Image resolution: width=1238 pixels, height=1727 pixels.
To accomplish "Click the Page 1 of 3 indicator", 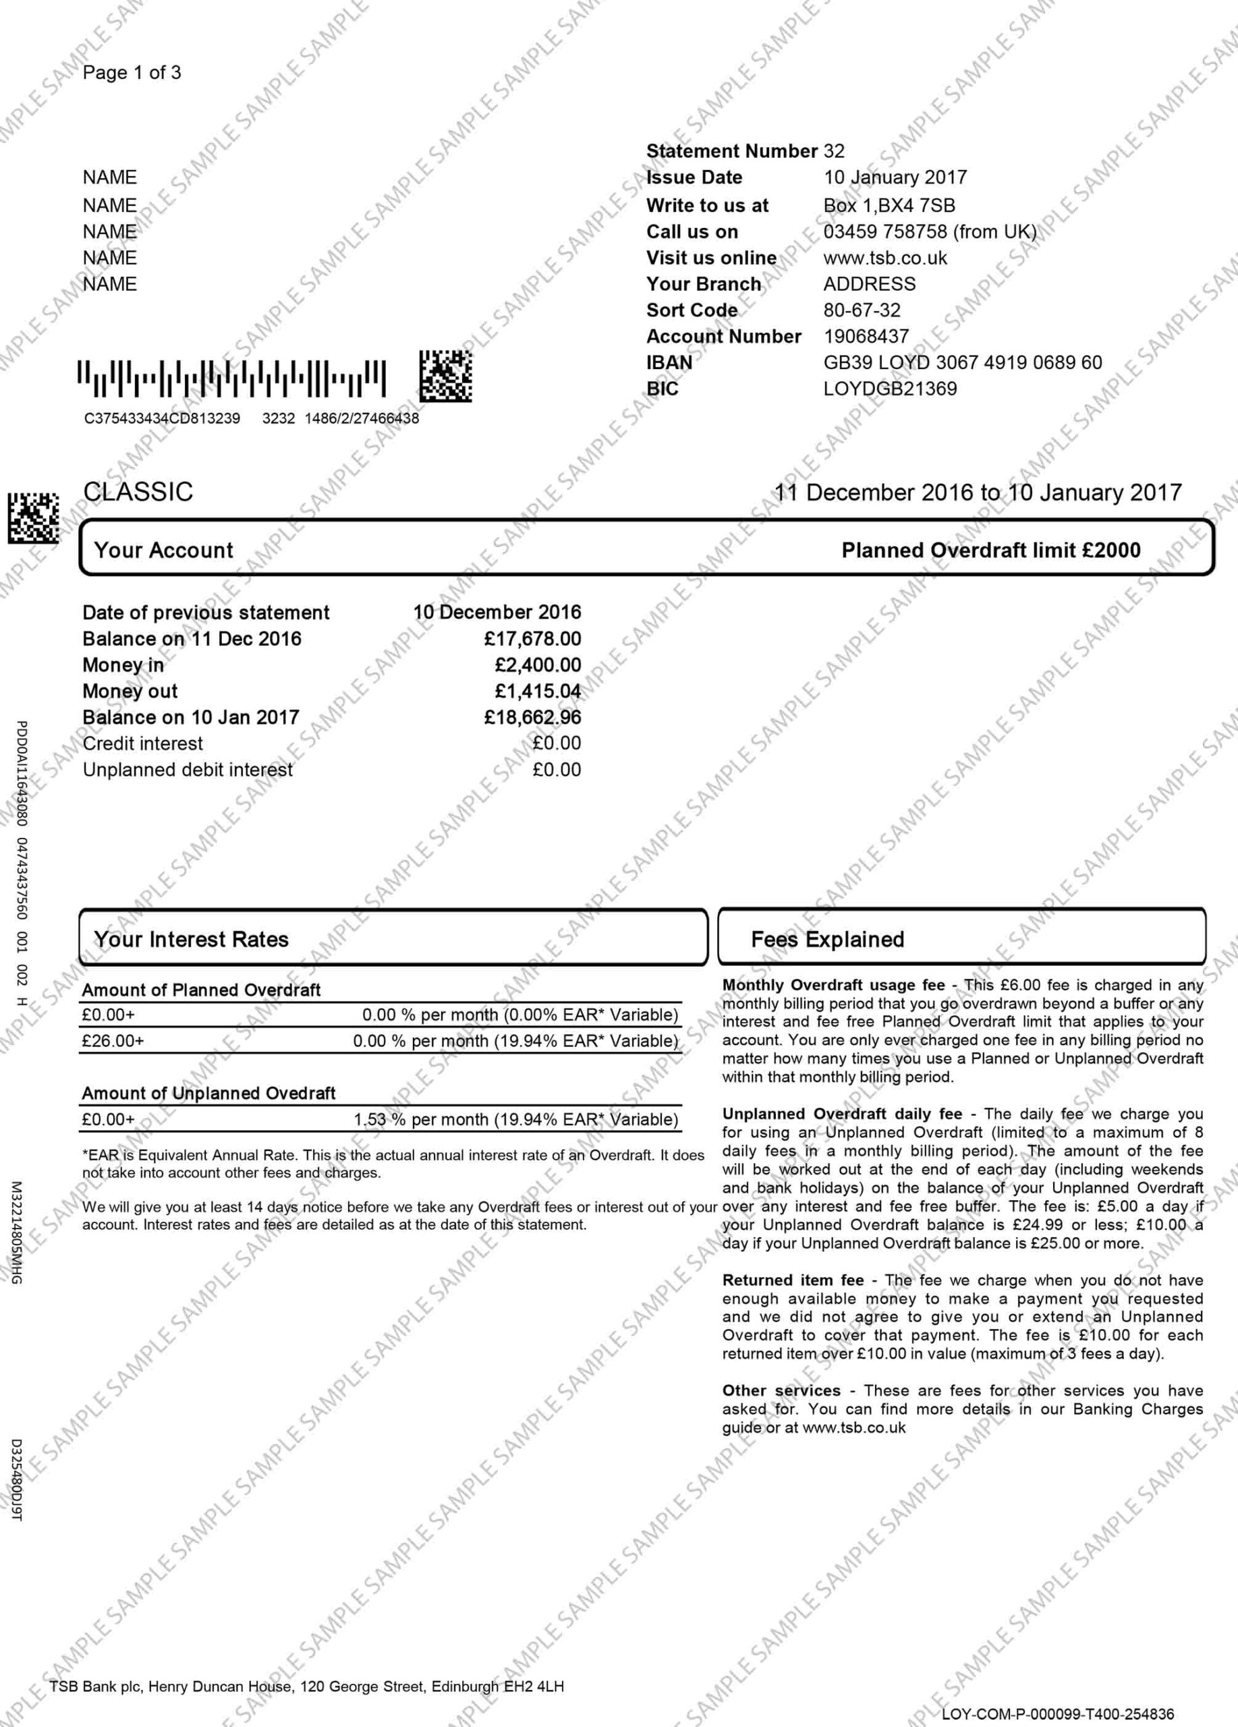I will click(x=132, y=73).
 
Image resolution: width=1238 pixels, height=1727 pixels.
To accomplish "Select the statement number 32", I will click(x=834, y=152).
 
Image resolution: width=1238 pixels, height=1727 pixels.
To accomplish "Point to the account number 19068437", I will click(x=866, y=337).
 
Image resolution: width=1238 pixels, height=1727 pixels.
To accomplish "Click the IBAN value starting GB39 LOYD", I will click(x=962, y=362).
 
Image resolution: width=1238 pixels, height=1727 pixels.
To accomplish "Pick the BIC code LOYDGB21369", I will click(x=889, y=389).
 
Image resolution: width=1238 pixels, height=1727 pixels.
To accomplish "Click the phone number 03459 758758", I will click(x=930, y=231).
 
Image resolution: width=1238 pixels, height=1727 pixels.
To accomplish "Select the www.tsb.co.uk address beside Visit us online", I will click(x=884, y=258).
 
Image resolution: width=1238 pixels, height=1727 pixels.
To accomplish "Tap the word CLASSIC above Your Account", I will click(x=138, y=492).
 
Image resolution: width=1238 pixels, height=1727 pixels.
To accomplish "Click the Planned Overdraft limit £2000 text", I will click(x=990, y=550).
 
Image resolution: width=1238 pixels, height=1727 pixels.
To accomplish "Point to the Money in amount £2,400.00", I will click(x=538, y=666).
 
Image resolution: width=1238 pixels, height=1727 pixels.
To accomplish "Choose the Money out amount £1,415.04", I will click(x=538, y=691).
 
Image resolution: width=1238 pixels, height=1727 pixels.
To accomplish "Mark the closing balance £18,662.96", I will click(x=532, y=717).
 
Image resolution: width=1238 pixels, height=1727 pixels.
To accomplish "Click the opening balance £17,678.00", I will click(x=532, y=639).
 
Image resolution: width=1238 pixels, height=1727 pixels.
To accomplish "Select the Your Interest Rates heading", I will click(x=191, y=940).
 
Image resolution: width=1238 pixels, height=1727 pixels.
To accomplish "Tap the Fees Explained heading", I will click(x=828, y=940).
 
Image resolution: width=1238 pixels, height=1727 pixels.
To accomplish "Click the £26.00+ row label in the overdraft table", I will click(x=113, y=1041).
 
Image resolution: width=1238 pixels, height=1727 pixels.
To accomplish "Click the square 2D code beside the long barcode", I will click(x=445, y=376).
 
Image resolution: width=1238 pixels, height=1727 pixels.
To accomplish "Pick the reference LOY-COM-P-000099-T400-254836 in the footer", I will click(x=1058, y=1714).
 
